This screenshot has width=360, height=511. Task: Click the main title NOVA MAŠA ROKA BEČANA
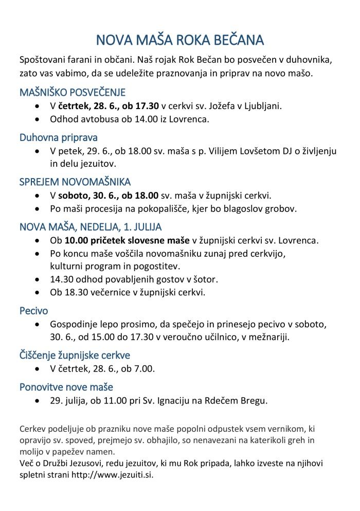coord(180,40)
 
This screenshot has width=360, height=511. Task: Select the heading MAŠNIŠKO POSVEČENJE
coord(73,93)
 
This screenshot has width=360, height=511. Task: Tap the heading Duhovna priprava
coord(59,137)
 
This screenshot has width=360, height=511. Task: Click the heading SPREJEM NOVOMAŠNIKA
coord(75,182)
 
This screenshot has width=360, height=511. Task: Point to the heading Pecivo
coord(33,311)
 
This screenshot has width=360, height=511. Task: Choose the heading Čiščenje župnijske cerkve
coord(75,355)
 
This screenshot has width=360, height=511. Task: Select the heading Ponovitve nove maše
coord(66,386)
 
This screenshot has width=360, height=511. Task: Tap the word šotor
coord(205,280)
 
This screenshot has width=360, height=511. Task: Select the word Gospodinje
coord(75,325)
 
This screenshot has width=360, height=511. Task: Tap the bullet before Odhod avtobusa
coord(37,119)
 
